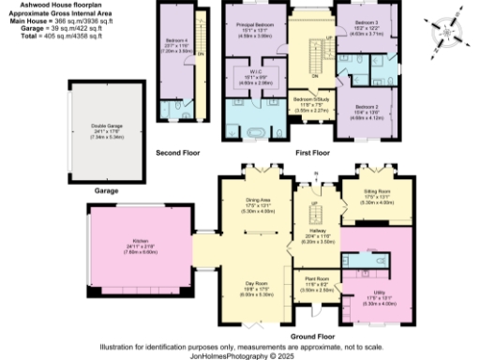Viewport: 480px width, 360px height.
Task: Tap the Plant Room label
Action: point(315,277)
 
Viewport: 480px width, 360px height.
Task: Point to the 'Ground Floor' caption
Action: point(313,335)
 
